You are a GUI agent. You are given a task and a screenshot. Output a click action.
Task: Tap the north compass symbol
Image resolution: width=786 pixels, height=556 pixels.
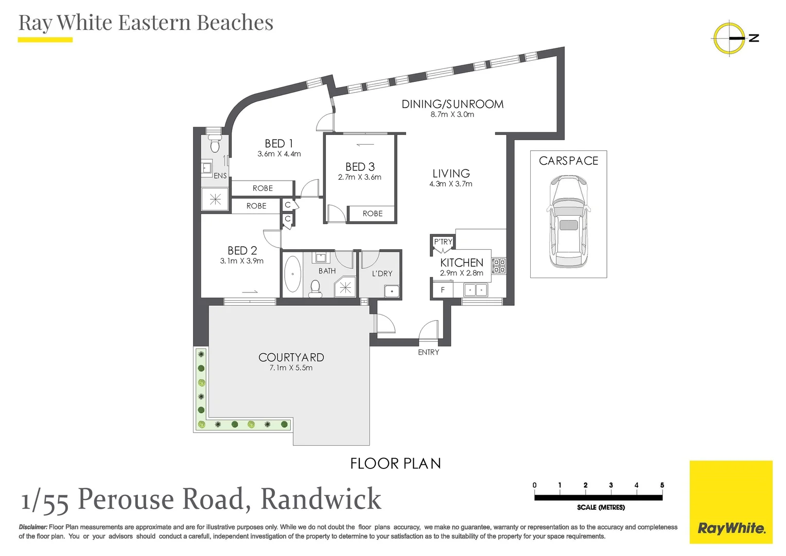click(x=730, y=38)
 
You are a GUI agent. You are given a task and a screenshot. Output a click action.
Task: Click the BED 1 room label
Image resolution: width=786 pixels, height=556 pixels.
click(x=278, y=144)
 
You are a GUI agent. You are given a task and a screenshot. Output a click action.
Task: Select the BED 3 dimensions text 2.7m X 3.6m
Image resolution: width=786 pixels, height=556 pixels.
click(x=359, y=178)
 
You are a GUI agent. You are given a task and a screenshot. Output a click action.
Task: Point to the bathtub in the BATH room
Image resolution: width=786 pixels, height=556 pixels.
click(x=292, y=274)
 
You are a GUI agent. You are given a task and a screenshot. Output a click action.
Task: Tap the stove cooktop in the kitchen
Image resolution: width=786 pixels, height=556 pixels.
click(x=499, y=266)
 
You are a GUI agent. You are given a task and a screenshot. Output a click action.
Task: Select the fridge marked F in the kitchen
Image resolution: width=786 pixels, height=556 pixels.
click(x=442, y=290)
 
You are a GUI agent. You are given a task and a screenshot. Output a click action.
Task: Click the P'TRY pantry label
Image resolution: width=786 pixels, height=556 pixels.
click(x=443, y=241)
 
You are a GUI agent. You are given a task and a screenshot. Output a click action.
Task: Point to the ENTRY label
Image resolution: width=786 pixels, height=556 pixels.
click(x=428, y=352)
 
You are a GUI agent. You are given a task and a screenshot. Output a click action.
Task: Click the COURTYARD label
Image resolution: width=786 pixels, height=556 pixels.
click(x=291, y=357)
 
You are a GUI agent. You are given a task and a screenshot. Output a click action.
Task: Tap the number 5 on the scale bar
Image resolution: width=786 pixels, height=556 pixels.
click(x=662, y=485)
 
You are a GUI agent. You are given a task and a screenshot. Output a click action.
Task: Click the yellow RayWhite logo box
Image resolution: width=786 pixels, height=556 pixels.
click(x=731, y=502)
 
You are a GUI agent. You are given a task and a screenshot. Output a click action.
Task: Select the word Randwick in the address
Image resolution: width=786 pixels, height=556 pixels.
click(x=321, y=499)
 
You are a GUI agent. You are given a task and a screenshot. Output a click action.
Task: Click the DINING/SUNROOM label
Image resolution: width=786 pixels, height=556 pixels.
click(x=452, y=104)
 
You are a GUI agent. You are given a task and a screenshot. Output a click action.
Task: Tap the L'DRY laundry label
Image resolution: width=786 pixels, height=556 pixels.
click(x=382, y=274)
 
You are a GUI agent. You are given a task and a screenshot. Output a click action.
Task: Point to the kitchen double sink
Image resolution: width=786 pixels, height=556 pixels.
click(x=475, y=290)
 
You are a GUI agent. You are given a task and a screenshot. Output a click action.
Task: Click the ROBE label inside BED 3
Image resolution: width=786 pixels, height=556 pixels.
click(x=372, y=214)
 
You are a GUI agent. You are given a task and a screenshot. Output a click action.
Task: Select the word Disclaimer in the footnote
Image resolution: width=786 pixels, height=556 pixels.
click(x=33, y=527)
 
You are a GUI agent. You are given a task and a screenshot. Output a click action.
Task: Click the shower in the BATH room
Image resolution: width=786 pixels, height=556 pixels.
click(x=345, y=287)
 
